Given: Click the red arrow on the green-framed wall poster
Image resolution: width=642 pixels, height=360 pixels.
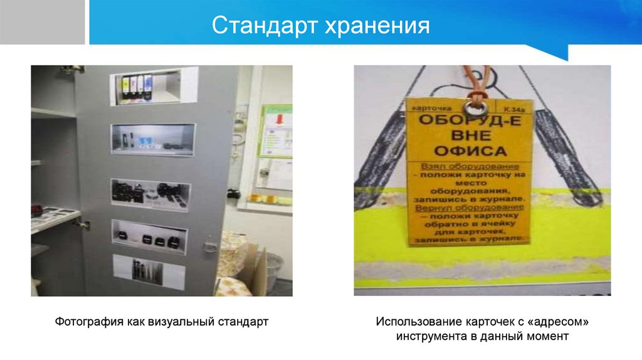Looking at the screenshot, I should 280,119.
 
